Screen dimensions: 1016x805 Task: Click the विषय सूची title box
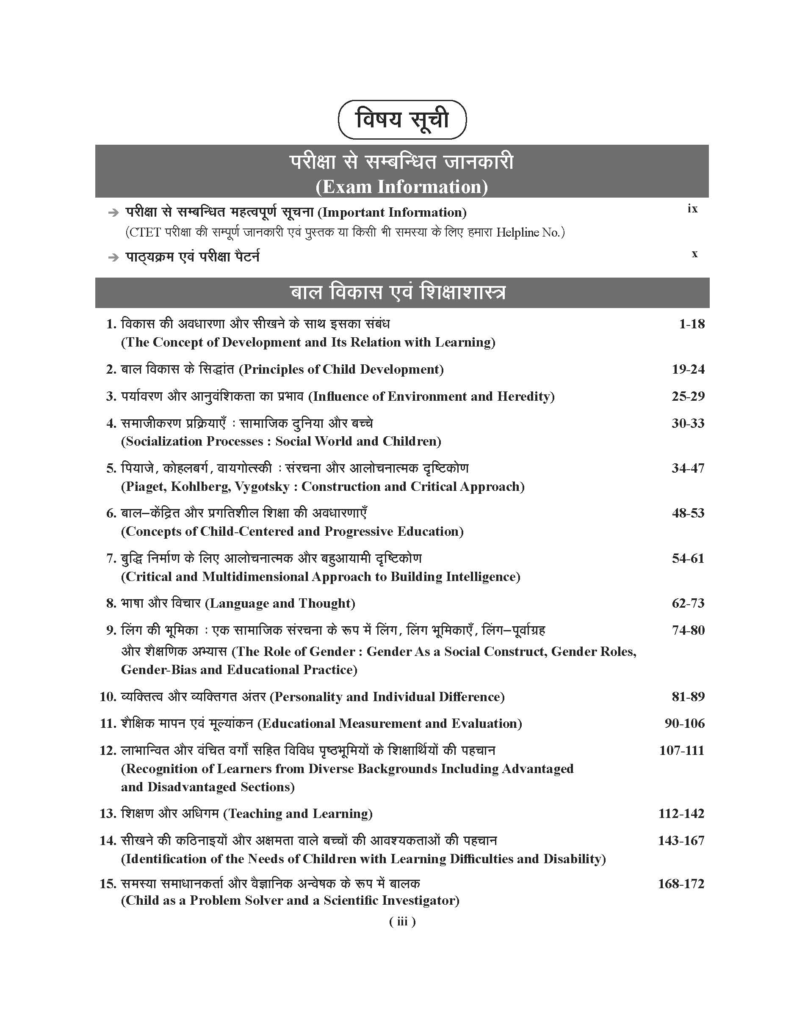[402, 120]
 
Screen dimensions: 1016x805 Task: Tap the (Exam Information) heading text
[401, 187]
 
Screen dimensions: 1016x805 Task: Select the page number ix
[692, 209]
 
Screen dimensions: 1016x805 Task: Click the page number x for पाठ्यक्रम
[694, 254]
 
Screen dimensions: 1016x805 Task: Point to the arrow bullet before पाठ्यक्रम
[113, 258]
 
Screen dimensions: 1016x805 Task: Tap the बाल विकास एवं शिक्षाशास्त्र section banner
[402, 292]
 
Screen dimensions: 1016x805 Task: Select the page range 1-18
[692, 324]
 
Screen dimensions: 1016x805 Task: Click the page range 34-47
[688, 468]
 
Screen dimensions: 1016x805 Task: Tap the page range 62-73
[688, 603]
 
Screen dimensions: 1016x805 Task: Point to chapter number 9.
[111, 630]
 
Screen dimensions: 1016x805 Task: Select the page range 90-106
[684, 724]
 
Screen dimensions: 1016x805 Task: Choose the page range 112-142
[681, 814]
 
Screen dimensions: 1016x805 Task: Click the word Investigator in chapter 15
[420, 900]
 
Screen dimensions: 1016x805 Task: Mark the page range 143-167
[681, 841]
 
